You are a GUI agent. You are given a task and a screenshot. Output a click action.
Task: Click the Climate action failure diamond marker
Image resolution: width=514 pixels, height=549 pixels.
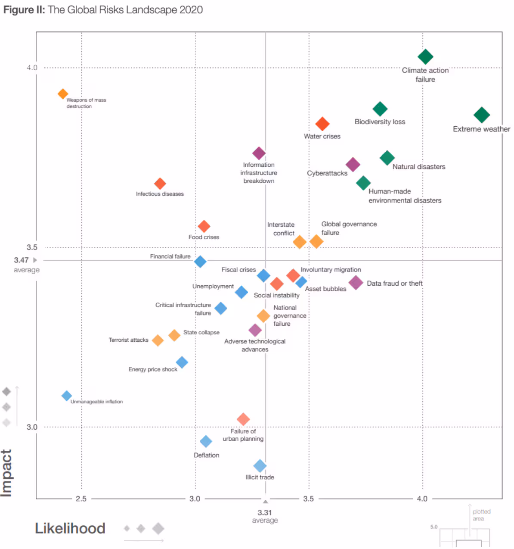pos(425,56)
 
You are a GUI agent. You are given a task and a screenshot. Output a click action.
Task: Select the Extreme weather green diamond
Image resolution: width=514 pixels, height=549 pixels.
pos(481,115)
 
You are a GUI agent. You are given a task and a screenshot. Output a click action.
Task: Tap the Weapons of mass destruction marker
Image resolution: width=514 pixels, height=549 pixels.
pos(63,94)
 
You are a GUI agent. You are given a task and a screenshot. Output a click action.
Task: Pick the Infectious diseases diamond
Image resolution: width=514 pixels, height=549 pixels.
pos(160,184)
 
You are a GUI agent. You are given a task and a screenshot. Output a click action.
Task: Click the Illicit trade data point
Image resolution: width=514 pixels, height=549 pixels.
pos(260,466)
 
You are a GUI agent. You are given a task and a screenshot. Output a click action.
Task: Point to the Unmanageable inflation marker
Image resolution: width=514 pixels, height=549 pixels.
pos(66,396)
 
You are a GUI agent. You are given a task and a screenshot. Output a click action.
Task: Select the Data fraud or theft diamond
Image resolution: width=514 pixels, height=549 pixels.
pos(356,283)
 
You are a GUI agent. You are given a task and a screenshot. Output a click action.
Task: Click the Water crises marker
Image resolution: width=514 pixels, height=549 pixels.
pos(322,124)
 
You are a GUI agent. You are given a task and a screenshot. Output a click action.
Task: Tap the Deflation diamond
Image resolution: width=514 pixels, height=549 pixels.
pos(206,441)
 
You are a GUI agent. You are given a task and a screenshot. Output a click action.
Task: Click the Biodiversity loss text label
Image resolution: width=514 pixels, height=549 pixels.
pos(380,122)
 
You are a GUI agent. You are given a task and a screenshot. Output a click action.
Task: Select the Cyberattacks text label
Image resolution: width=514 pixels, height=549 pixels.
pos(327,173)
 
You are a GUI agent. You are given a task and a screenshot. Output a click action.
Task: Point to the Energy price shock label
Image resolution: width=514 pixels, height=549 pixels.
pos(153,369)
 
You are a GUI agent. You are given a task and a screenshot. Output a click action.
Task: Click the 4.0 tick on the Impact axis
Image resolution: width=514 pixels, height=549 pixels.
pos(32,68)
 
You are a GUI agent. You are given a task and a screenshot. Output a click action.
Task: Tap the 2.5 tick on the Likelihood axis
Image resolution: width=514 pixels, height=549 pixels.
pos(81,499)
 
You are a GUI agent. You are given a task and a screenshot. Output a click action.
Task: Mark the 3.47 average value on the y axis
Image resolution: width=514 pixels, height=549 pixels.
pos(21,260)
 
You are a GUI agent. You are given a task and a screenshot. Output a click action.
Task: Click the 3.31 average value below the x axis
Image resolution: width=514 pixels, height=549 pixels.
pos(265,512)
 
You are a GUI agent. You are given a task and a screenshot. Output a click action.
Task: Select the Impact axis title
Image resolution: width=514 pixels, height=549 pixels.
pos(6,473)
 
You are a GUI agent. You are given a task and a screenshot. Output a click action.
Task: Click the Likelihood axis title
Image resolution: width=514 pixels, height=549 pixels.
pos(70,528)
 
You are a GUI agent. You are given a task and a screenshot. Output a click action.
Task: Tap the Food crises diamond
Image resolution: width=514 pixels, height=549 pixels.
pos(204,226)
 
